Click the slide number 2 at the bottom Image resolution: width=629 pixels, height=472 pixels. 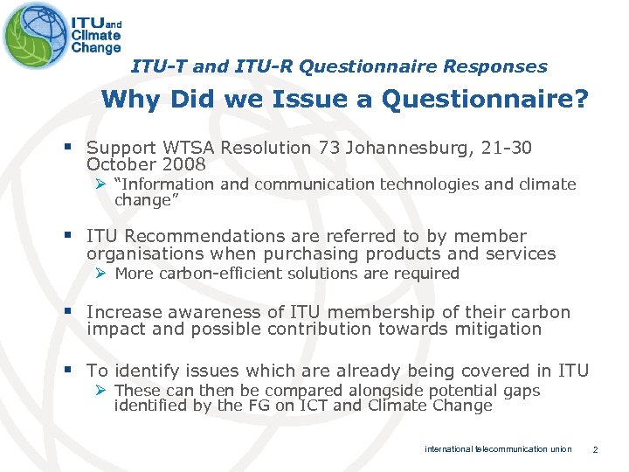594,449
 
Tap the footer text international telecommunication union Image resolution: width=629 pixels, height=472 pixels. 498,449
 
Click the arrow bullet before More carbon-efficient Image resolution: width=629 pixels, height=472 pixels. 101,274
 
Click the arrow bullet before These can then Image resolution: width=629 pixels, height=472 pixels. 101,391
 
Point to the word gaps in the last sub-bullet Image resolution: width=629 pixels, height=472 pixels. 522,391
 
